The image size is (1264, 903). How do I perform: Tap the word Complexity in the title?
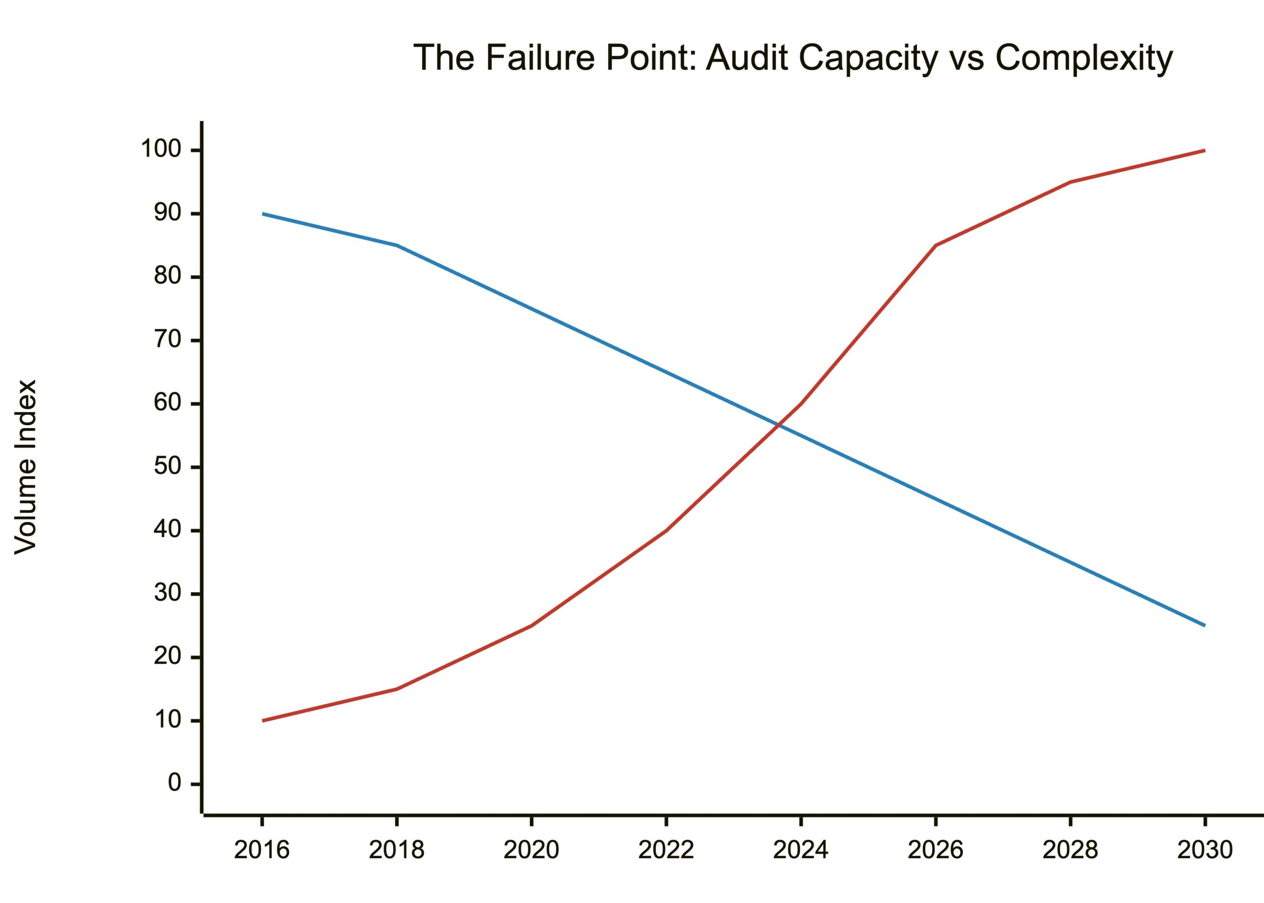tap(1084, 58)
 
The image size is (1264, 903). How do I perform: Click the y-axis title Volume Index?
tap(26, 467)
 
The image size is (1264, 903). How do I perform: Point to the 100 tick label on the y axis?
tap(161, 150)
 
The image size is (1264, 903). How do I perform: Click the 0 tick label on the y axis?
tap(174, 784)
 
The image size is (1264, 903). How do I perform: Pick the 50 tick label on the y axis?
tap(167, 467)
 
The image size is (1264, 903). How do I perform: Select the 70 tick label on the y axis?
tap(167, 340)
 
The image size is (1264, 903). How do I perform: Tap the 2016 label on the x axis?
tap(262, 850)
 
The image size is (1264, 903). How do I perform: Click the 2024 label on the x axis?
tap(801, 850)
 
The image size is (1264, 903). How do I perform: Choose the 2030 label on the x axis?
tap(1204, 850)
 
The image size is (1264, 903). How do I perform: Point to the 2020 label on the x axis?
tap(531, 850)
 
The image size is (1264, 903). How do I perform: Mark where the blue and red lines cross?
tap(779, 426)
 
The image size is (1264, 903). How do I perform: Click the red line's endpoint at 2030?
tap(1204, 150)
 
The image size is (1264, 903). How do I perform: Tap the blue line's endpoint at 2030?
tap(1204, 626)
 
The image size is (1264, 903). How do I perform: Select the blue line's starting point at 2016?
tap(263, 213)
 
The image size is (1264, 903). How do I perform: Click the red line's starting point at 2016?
tap(263, 721)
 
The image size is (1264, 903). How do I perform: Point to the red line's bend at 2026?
tap(935, 245)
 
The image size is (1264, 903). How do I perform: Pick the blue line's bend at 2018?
tap(396, 245)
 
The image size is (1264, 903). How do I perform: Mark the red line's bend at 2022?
tap(666, 530)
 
